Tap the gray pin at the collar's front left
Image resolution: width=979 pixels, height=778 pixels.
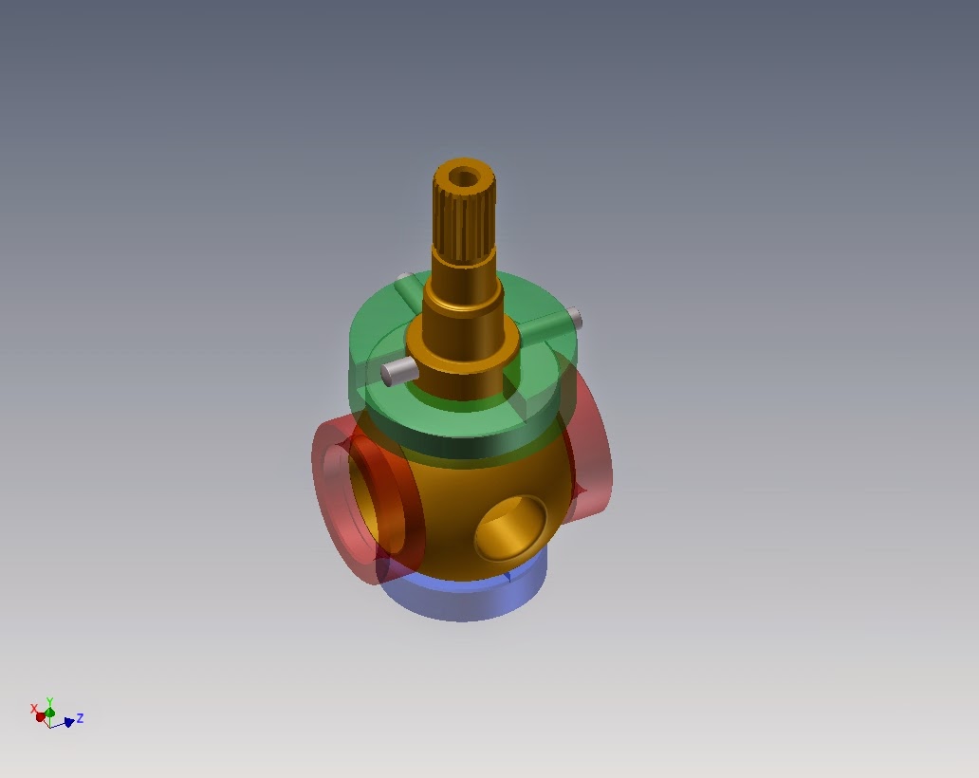(x=398, y=371)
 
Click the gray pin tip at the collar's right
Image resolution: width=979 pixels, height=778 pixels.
(x=576, y=319)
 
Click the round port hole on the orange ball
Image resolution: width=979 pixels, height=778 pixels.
(x=510, y=528)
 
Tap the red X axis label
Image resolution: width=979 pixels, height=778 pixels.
(x=34, y=709)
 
